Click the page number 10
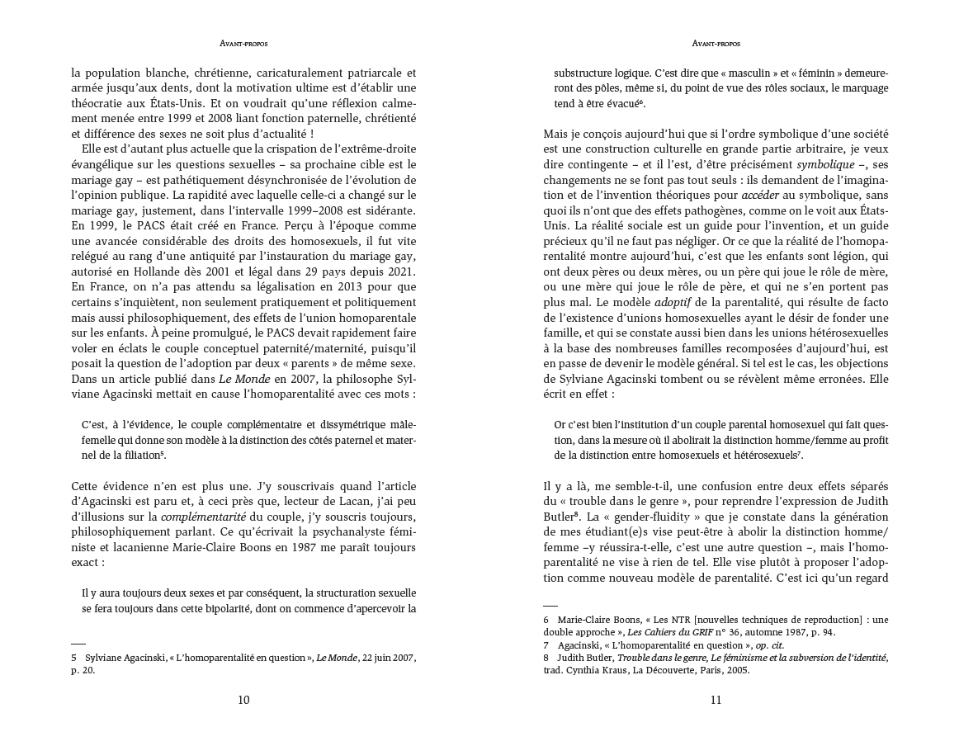tap(243, 701)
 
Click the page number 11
tap(716, 701)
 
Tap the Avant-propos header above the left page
tap(243, 43)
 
